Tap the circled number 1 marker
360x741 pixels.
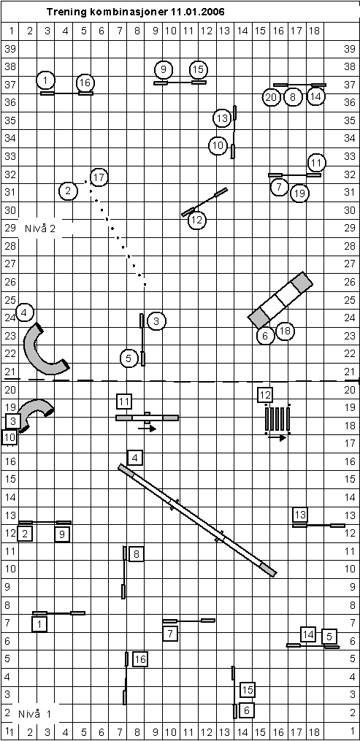tap(45, 80)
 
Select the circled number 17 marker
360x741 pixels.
tap(99, 177)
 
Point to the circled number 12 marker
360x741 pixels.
tap(197, 220)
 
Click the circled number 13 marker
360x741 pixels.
tap(222, 118)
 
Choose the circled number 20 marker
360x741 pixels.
tap(271, 98)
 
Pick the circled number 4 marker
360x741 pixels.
tap(25, 312)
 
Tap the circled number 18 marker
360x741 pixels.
tap(285, 331)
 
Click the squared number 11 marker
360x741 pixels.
tap(124, 402)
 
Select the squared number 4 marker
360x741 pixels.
tap(135, 458)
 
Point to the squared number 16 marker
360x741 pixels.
tap(140, 659)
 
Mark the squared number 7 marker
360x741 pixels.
tap(171, 633)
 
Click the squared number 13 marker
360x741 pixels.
tap(300, 515)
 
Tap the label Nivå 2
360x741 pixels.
tap(40, 229)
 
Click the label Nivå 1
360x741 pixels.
tap(36, 713)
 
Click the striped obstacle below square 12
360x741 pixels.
tap(277, 419)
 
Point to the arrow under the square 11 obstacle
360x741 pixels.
tap(147, 429)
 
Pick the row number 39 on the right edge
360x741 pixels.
tap(350, 49)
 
